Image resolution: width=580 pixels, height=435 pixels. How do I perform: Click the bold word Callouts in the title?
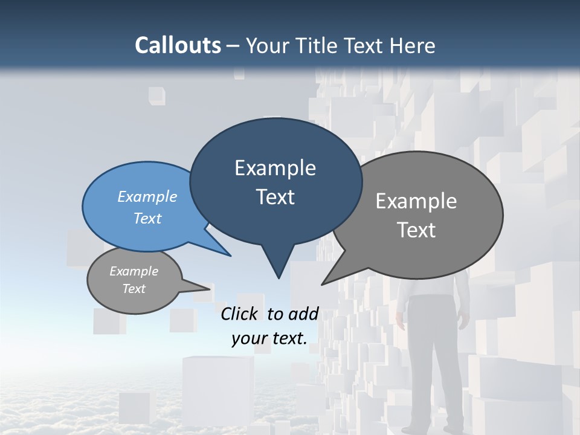coord(178,45)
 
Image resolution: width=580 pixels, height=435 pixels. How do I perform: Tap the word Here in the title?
coord(413,45)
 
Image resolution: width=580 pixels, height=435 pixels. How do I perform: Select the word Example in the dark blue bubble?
coord(275,168)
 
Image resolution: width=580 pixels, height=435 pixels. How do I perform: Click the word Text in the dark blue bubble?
coord(275,197)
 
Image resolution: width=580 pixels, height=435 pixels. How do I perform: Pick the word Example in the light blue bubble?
coord(147,196)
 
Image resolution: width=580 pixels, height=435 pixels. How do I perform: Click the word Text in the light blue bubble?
coord(147,218)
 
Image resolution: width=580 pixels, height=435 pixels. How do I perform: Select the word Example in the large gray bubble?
coord(416,201)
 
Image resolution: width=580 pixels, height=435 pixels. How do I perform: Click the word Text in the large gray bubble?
coord(416,230)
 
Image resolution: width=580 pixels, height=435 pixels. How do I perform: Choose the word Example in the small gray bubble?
coord(134,271)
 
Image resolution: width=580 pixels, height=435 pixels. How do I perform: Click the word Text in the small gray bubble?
coord(134,289)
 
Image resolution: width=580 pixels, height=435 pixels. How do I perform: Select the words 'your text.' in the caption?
coord(269,338)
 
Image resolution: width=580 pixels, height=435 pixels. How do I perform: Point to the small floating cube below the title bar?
coord(156,95)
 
